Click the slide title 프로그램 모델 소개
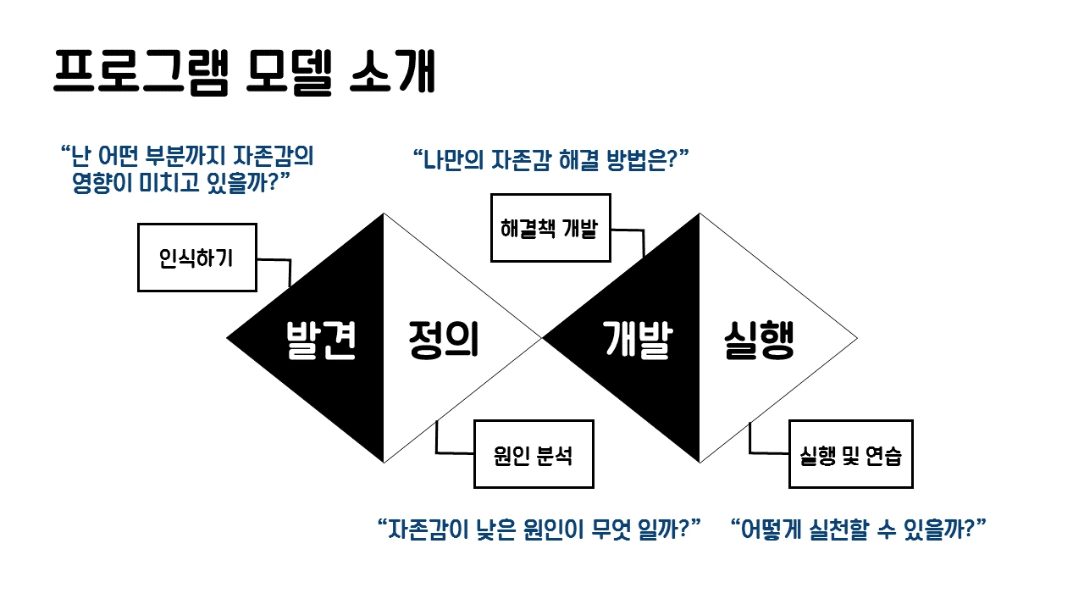(244, 71)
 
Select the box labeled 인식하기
(196, 258)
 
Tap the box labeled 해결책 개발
(550, 228)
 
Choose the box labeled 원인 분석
(534, 455)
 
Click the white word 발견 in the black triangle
(320, 340)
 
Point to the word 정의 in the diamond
(443, 340)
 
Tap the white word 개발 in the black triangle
(637, 340)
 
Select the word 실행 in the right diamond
(759, 340)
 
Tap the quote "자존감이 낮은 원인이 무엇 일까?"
(539, 530)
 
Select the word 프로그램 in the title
(141, 71)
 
